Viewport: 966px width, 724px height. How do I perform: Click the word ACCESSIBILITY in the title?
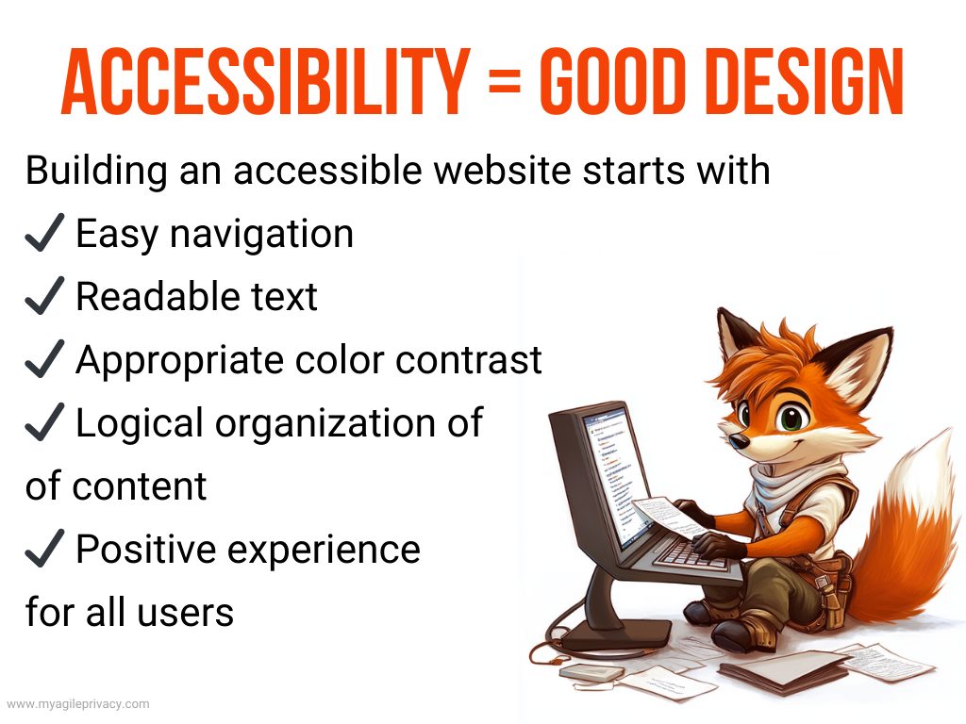click(266, 82)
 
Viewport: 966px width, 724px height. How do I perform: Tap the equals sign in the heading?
click(505, 83)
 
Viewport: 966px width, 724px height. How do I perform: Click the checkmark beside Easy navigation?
click(44, 233)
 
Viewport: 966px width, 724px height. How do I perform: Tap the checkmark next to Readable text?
click(44, 295)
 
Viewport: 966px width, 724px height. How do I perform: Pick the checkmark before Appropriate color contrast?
click(44, 358)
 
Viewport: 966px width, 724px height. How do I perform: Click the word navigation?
click(262, 236)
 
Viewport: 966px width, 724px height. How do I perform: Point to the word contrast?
click(469, 360)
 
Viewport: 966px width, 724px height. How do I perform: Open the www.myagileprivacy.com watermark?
click(77, 703)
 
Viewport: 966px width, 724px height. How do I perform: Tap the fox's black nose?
click(739, 440)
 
